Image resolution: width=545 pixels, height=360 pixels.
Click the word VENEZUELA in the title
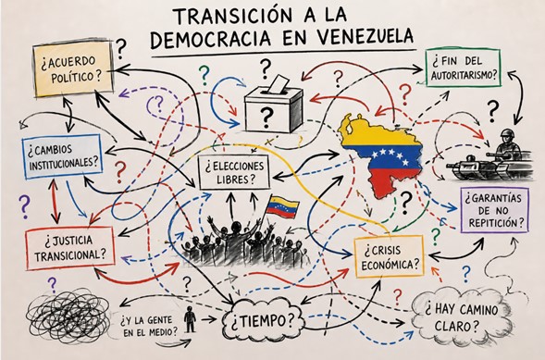349,38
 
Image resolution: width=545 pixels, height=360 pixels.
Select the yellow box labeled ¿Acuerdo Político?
73,68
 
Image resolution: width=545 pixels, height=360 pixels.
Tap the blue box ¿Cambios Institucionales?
62,156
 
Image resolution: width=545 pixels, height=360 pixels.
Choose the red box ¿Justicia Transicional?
70,248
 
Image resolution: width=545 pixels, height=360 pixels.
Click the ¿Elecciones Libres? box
234,172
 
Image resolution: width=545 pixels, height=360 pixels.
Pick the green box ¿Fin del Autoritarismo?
463,68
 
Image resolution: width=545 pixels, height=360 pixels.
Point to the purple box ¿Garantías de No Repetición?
495,210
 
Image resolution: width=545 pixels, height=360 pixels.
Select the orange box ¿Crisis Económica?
389,256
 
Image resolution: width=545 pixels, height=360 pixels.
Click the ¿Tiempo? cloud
263,320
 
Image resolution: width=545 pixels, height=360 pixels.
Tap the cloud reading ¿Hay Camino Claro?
462,317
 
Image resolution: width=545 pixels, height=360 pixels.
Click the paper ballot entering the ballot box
279,83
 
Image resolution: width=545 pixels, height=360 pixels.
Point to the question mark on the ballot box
266,117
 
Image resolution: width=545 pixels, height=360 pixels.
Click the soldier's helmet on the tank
507,133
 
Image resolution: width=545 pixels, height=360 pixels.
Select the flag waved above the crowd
282,207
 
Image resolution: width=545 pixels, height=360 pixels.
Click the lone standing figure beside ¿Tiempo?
190,319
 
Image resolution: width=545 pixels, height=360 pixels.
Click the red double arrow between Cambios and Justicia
55,201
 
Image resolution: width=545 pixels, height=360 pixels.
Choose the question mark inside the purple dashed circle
159,103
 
